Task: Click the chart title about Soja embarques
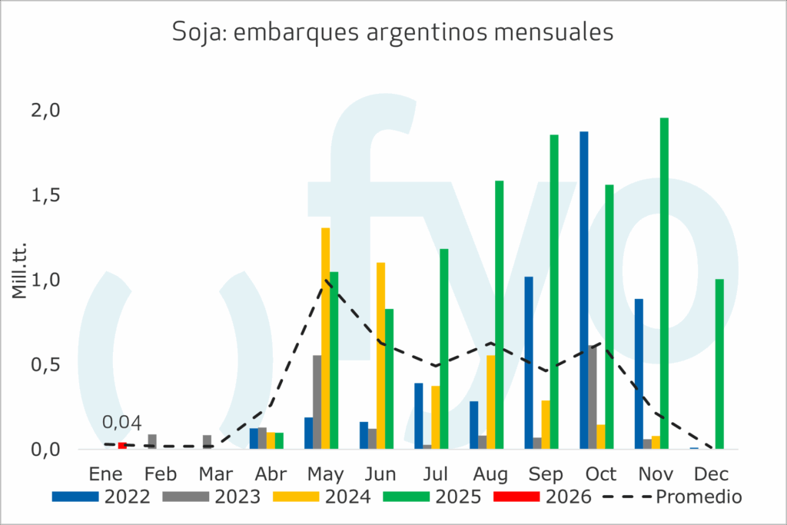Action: [x=393, y=32]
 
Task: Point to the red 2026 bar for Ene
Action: [x=122, y=446]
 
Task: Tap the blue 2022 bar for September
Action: [x=529, y=362]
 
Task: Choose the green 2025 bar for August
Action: [x=499, y=314]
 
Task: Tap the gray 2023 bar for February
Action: [x=152, y=441]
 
